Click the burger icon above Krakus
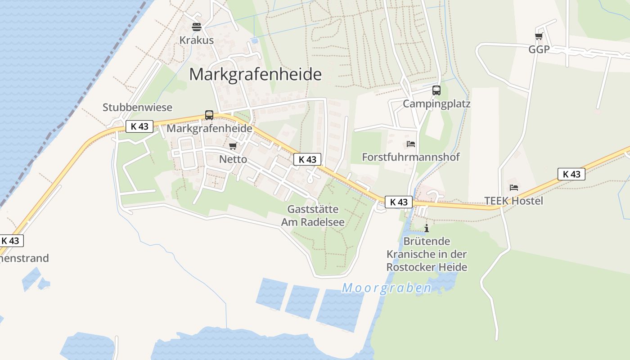point(196,27)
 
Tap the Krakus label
point(196,40)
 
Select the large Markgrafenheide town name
point(255,74)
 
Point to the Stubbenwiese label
point(137,107)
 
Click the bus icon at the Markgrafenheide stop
point(209,115)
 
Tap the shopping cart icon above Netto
point(233,146)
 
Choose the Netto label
point(233,159)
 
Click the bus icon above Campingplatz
point(436,90)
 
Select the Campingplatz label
point(436,104)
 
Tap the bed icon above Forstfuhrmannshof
point(410,144)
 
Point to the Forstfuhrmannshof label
point(411,157)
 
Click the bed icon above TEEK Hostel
point(513,187)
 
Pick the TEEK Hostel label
point(513,201)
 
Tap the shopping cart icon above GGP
point(539,36)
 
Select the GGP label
point(539,49)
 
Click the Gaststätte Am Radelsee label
point(313,216)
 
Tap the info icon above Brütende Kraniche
point(427,228)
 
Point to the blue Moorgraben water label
point(387,288)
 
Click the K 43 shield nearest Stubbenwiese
point(139,126)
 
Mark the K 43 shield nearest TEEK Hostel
point(571,174)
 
